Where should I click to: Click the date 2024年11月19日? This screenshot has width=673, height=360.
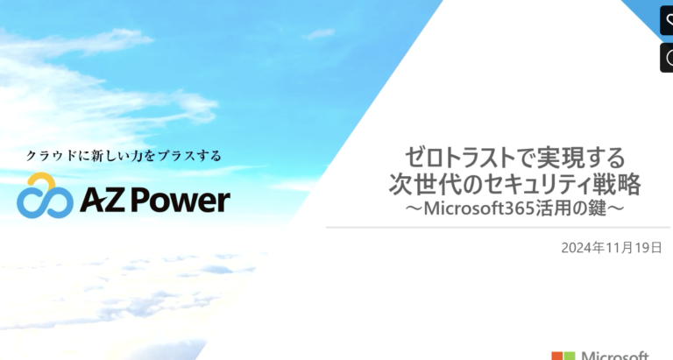[x=611, y=248]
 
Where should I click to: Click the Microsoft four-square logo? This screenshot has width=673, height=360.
[x=563, y=356]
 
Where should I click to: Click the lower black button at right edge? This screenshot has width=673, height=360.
[x=667, y=58]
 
